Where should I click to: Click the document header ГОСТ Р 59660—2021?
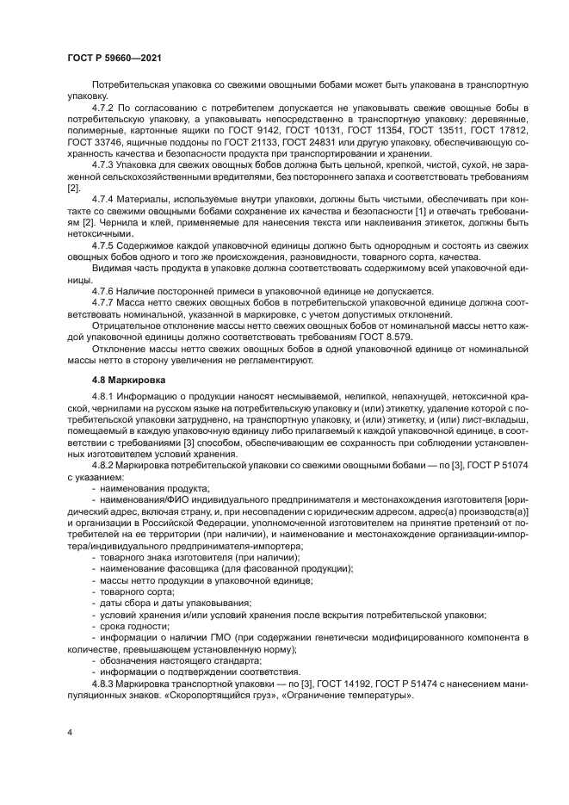coord(114,57)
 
